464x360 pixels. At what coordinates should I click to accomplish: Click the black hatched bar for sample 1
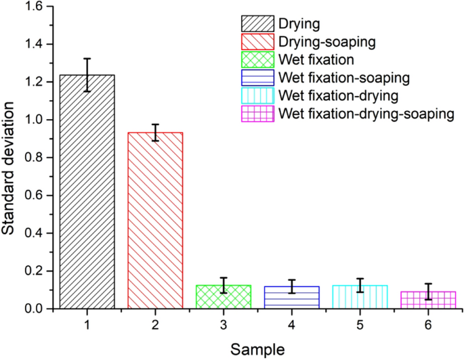pos(87,193)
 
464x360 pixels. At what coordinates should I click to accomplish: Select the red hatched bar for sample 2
pos(155,220)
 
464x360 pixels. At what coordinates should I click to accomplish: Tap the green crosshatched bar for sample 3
pos(224,297)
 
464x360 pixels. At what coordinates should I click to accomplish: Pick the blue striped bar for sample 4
pos(291,298)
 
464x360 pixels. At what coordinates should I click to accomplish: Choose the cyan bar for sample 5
pos(360,297)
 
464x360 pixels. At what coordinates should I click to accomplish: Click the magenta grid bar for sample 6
pos(427,300)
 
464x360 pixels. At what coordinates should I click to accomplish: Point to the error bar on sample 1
pos(87,74)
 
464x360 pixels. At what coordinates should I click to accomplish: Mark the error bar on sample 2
pos(155,133)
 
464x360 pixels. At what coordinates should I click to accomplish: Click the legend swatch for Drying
pos(257,24)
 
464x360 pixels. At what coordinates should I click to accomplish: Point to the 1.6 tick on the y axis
pos(32,6)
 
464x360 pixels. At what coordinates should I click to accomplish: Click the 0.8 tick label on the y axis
pos(32,157)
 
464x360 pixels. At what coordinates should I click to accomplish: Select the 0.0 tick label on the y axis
pos(32,309)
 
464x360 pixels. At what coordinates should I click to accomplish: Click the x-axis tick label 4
pos(291,325)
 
